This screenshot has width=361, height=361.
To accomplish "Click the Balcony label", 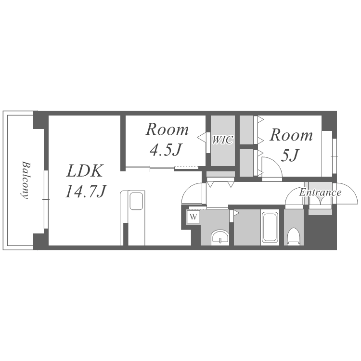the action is point(26,180).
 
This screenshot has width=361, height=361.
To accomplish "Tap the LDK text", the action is point(84,171).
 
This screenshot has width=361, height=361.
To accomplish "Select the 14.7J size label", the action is point(85,191).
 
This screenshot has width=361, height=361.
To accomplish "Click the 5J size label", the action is point(290,155).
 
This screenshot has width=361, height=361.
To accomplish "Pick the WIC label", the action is point(223,140).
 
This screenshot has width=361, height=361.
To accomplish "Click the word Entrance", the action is point(320,192).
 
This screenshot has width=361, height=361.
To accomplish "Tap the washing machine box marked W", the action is point(193,217).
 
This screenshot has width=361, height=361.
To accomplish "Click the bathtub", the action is point(270,227).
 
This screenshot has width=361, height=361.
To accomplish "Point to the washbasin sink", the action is point(220,237).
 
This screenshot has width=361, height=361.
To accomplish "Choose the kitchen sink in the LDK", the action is point(136,201).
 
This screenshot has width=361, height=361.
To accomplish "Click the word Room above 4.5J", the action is point(168,129).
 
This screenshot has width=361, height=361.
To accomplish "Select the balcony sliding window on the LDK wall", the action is point(46,199).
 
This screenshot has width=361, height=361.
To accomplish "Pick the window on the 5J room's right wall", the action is point(335,156).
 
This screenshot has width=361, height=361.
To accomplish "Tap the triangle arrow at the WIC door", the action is point(202,138).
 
